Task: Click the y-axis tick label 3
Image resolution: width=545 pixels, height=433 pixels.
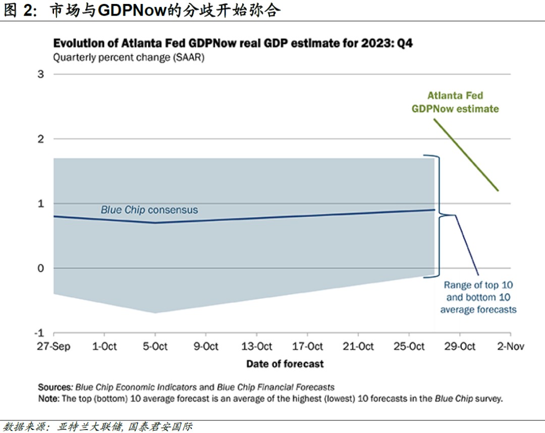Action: tap(41, 74)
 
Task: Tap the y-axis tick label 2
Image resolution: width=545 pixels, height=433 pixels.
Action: tap(41, 139)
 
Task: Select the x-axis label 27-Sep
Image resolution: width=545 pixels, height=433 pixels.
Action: tap(53, 346)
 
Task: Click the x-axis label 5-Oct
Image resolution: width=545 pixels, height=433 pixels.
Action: tap(155, 346)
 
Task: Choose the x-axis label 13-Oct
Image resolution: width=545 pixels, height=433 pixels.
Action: tap(256, 346)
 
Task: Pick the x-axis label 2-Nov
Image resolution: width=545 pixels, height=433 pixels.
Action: tap(510, 346)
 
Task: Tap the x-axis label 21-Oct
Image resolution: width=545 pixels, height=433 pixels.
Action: tap(358, 346)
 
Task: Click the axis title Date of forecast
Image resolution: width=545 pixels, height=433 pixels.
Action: tap(285, 363)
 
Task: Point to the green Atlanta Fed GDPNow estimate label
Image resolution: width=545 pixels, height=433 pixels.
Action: tap(455, 102)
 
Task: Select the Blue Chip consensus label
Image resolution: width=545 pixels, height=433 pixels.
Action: tap(149, 210)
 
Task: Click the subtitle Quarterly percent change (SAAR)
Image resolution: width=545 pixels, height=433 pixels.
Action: tap(129, 57)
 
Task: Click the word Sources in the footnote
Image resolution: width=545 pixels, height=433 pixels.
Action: tap(54, 388)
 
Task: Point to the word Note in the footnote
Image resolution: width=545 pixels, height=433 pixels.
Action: tap(48, 399)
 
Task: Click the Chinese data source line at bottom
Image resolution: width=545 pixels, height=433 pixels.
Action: tap(98, 426)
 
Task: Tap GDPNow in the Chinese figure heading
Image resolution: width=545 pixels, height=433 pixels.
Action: tap(131, 11)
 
